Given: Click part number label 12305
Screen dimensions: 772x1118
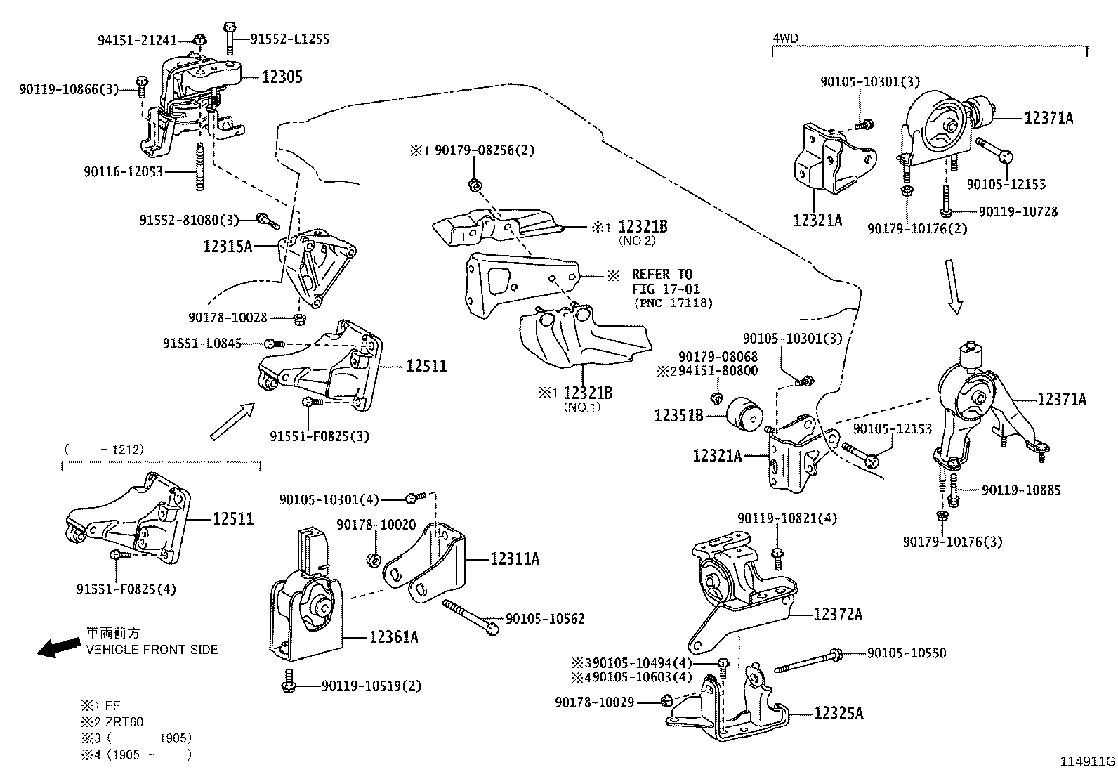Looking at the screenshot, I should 282,77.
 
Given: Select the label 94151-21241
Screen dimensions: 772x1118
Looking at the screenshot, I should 137,41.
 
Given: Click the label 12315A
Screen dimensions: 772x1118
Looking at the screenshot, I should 227,246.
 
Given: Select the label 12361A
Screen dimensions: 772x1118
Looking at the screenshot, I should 394,637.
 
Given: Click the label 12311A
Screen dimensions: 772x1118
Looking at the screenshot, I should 515,559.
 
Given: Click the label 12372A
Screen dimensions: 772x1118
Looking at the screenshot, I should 838,615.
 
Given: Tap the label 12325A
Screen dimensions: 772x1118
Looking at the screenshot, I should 838,714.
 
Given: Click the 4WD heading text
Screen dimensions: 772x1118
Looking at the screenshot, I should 785,38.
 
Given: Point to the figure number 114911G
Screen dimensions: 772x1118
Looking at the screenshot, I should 1087,761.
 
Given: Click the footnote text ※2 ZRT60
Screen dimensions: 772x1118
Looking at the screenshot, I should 115,722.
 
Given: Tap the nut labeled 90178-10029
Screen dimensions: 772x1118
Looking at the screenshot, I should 667,701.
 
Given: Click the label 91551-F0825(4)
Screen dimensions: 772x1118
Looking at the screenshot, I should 126,589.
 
